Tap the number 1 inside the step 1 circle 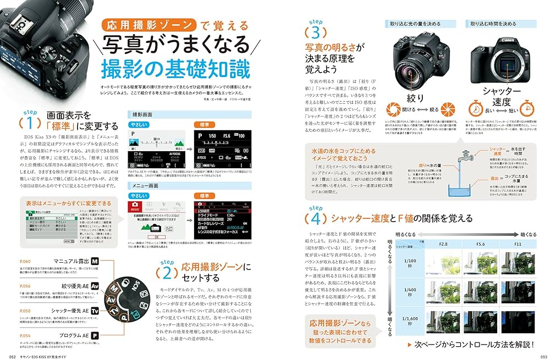point(30,120)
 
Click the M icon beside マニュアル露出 point(95,262)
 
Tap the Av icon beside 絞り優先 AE point(95,286)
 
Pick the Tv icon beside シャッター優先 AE point(95,311)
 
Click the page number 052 point(9,355)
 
